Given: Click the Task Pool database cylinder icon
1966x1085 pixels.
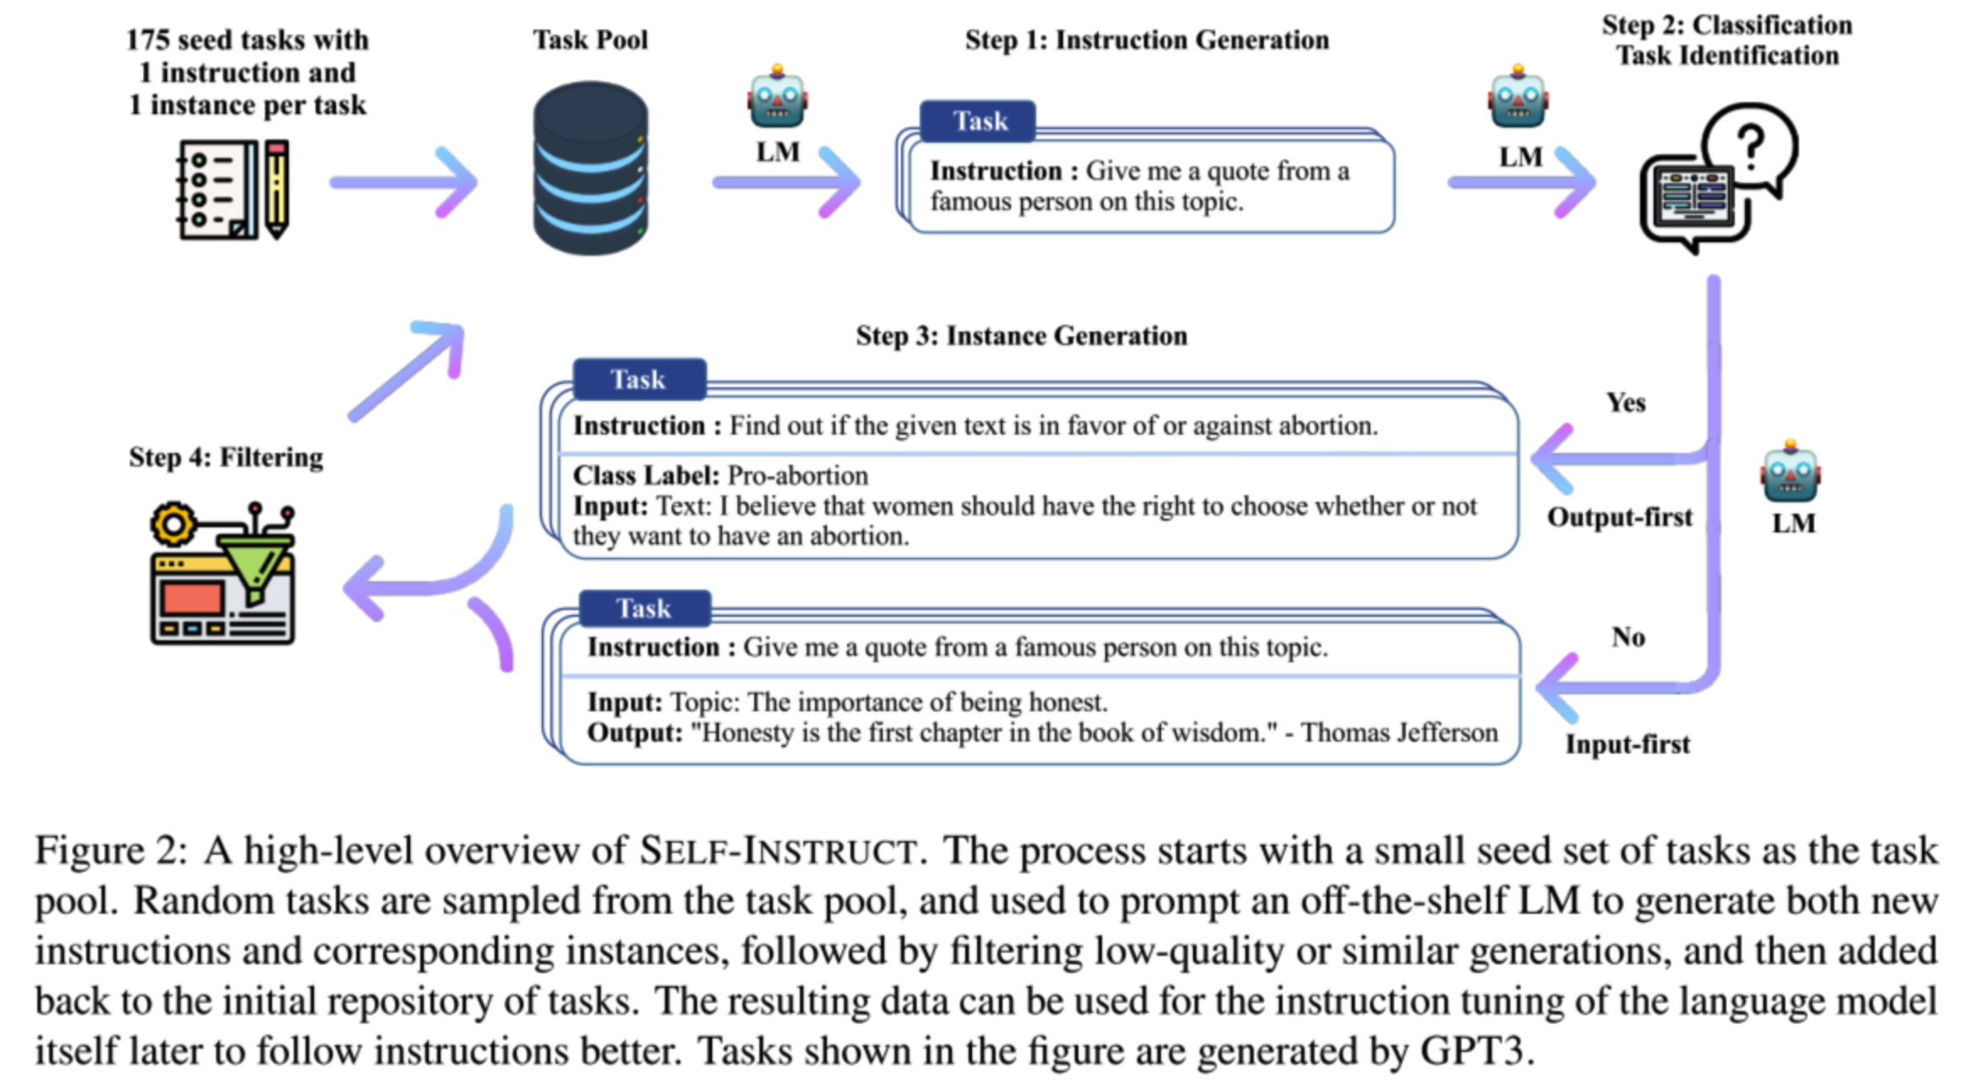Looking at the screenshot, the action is coord(591,168).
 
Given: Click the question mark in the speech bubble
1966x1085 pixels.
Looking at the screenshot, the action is coord(1751,148).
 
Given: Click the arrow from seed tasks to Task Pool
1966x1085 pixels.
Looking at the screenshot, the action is coord(404,182).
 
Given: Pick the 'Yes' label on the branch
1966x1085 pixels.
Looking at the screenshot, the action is coord(1625,402).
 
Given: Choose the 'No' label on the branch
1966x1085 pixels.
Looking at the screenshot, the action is coord(1628,637).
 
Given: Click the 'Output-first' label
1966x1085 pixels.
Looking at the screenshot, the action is coord(1619,517).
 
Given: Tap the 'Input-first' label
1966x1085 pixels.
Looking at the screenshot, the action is coord(1628,744).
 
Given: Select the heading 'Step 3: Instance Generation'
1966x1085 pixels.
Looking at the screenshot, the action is coord(1021,336).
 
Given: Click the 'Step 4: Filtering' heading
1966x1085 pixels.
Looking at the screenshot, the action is coord(226,457).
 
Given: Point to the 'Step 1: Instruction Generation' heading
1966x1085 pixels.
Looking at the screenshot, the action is coord(1147,40).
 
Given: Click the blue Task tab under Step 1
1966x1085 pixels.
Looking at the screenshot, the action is coord(980,121).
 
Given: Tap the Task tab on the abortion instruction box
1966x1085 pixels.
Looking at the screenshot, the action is coord(639,380).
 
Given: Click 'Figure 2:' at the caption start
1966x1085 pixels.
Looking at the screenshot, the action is coord(111,850).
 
